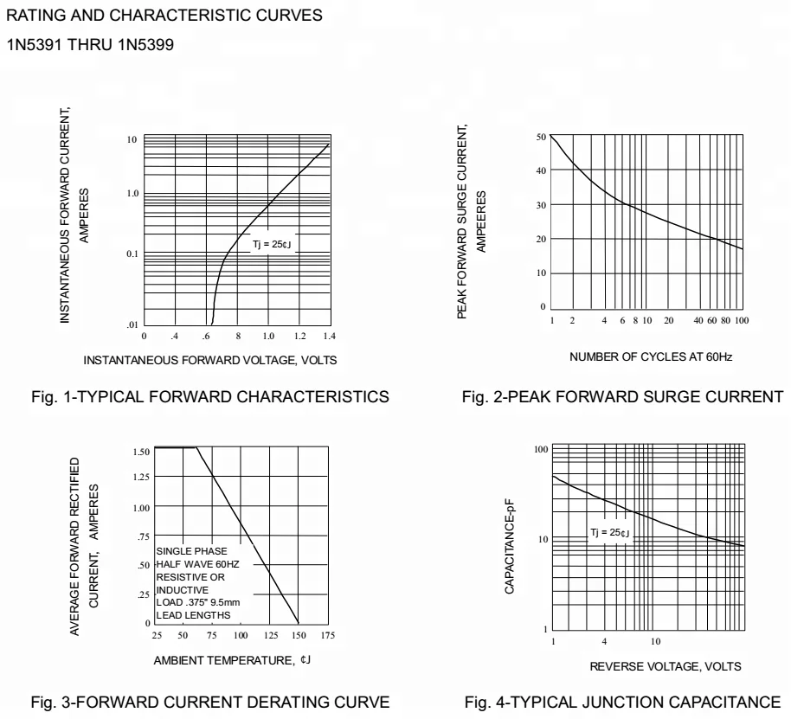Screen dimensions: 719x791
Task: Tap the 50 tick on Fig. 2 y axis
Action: [541, 137]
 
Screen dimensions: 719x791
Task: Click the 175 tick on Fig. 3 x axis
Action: [326, 635]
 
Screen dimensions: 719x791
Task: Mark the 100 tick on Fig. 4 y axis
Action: [542, 450]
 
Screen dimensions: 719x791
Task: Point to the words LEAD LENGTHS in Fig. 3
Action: [193, 615]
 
